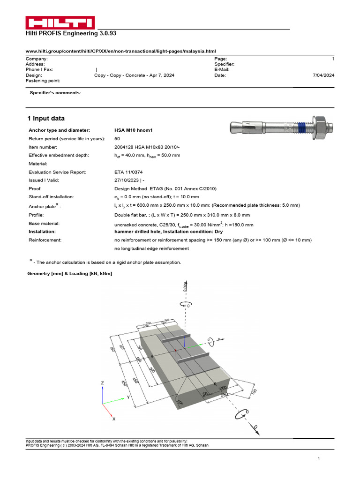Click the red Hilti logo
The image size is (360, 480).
(60, 22)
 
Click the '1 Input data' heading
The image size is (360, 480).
(46, 119)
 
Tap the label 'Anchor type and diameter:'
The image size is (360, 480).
(59, 130)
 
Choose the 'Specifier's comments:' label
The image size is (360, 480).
(55, 93)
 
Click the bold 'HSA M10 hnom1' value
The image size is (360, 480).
(134, 130)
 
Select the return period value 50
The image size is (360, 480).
(117, 139)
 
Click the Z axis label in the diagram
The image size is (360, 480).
(103, 383)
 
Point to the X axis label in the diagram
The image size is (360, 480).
(114, 419)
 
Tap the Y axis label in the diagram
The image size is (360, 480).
(128, 397)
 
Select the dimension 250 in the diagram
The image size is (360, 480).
(225, 395)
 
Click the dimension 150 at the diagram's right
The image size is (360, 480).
(254, 392)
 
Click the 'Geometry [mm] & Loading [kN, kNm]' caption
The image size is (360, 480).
(70, 273)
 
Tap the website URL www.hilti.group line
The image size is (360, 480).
(120, 51)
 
